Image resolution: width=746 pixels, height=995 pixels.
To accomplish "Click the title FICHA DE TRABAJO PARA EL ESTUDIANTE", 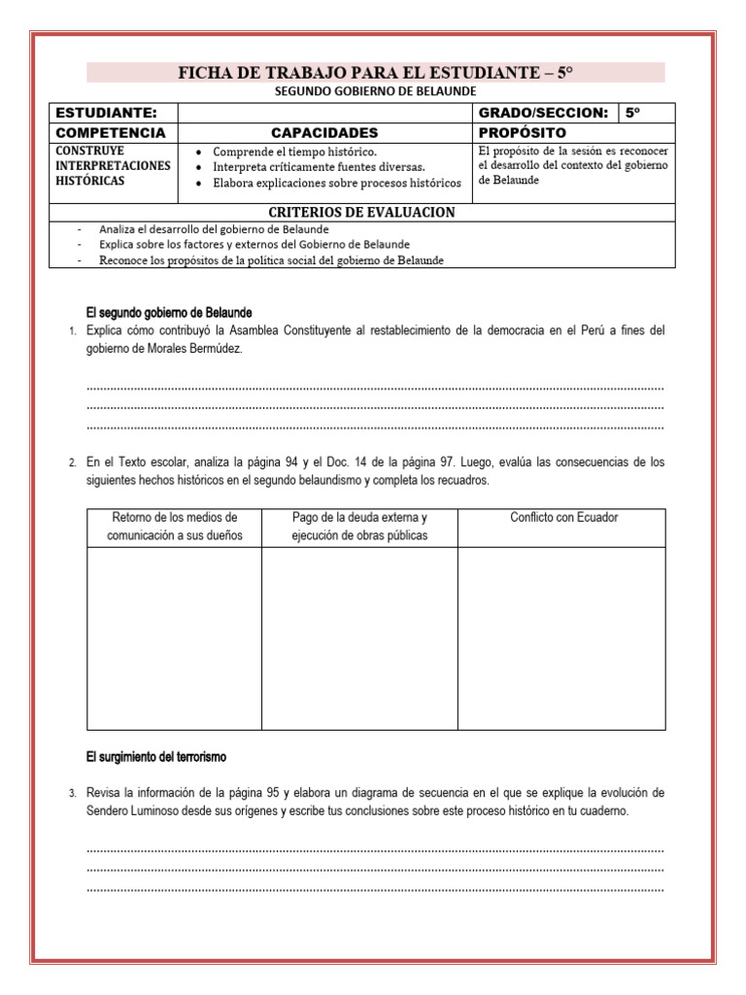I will click(x=376, y=73).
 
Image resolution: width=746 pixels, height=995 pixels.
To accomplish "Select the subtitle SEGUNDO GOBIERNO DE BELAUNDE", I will click(x=376, y=91).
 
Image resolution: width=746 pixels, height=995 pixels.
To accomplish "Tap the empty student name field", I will click(x=325, y=113).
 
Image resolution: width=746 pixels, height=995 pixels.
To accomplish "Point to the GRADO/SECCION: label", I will click(x=544, y=113).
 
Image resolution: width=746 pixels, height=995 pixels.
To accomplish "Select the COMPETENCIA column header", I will click(x=112, y=132).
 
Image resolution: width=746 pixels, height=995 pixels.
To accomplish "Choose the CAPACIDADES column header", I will click(x=324, y=132).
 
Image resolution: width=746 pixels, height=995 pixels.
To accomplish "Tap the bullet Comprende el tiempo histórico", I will click(x=294, y=153).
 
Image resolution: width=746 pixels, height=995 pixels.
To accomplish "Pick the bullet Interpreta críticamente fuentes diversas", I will click(x=319, y=167).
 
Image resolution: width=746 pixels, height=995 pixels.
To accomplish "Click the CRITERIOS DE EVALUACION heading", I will click(x=361, y=212).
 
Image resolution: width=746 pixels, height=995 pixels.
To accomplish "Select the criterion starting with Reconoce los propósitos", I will click(x=272, y=259).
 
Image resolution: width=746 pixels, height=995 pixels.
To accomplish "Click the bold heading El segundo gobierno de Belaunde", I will click(x=169, y=313).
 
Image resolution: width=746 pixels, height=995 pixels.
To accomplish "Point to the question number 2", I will click(x=73, y=463).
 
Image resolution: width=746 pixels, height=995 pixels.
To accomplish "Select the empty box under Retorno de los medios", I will click(x=174, y=637).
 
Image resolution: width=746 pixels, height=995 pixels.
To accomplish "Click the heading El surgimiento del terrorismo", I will click(x=155, y=756).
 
